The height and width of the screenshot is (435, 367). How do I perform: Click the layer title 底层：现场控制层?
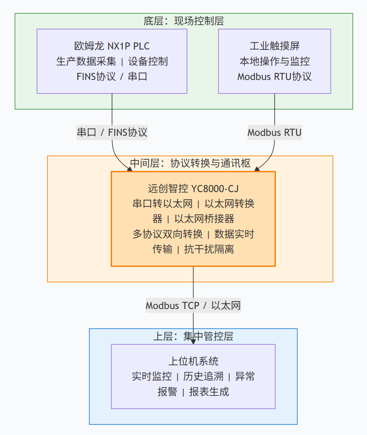click(184, 21)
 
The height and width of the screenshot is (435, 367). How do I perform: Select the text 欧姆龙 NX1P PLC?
click(112, 46)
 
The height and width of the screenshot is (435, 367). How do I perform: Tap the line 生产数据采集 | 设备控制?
click(112, 61)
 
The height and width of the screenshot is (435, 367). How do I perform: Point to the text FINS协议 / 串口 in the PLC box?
click(112, 76)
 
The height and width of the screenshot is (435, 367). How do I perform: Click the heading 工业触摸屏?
click(274, 46)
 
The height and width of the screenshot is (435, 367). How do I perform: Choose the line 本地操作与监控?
click(274, 61)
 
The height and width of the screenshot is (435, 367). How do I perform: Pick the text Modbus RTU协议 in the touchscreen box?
click(274, 76)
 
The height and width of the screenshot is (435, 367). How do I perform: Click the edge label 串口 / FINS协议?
click(112, 132)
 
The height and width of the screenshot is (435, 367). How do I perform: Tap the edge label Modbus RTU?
click(274, 132)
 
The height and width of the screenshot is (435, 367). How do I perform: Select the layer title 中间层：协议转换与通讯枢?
click(190, 163)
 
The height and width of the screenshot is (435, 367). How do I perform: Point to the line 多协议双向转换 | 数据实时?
click(193, 234)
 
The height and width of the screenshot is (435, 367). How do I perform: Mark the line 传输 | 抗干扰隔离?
click(193, 249)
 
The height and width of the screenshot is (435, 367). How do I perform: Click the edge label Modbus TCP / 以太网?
click(193, 305)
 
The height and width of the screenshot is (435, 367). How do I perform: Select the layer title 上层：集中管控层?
click(193, 336)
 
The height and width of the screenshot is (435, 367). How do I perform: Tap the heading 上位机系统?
click(193, 361)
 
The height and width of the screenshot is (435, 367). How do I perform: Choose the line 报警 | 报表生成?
click(193, 392)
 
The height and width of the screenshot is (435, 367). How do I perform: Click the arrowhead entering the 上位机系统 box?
click(193, 342)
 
